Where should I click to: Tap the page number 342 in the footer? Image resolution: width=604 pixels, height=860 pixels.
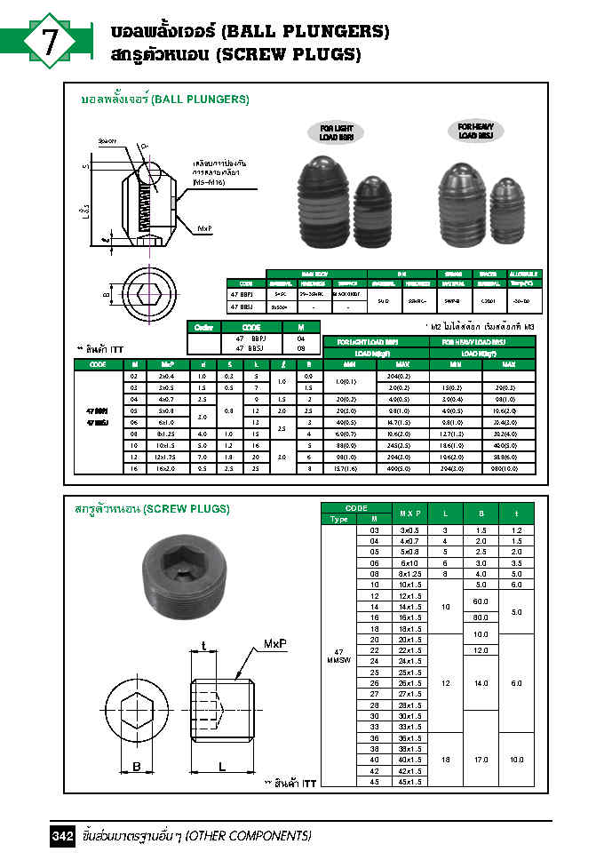point(62,837)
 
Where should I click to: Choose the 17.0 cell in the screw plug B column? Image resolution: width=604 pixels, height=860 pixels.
point(481,760)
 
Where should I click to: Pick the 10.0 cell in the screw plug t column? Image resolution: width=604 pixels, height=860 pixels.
point(516,760)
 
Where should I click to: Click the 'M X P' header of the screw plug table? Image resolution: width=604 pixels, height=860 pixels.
point(409,514)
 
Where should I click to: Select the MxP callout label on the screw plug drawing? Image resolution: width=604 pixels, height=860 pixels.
point(276,641)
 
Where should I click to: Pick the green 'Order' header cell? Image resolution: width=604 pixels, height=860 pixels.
point(202,328)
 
